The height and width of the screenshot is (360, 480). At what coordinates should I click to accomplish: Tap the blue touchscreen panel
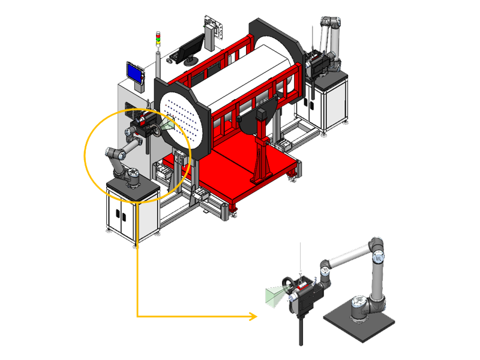135,73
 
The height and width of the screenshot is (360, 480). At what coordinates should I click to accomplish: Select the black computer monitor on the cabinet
193,47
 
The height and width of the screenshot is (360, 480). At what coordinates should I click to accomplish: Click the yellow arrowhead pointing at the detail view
252,316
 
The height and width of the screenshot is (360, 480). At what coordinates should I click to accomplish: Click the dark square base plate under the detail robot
359,324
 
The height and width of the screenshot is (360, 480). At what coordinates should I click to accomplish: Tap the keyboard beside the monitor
178,57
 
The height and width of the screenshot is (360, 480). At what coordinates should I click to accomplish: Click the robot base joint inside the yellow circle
130,178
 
